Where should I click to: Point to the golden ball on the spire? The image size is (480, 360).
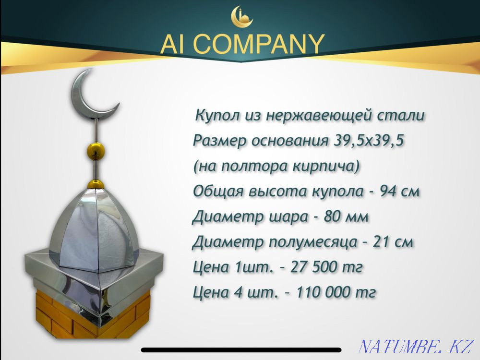tap(95, 150)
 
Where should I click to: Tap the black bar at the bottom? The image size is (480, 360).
tap(240, 350)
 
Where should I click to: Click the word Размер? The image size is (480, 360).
tap(217, 141)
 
